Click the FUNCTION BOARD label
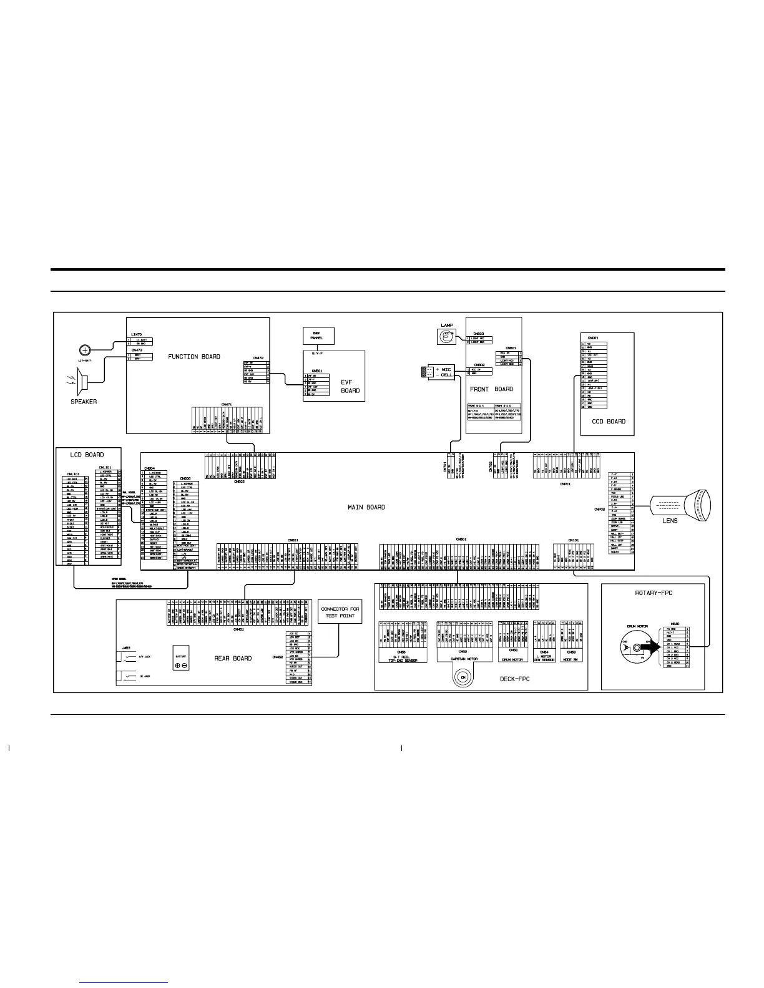(194, 357)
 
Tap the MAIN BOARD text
(366, 507)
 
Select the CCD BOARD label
(608, 422)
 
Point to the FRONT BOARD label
(491, 389)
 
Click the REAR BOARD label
(233, 658)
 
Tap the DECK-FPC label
(514, 679)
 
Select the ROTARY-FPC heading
(652, 593)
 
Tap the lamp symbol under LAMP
(446, 337)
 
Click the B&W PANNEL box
(317, 336)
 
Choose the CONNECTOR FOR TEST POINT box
(339, 612)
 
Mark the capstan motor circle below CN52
(463, 677)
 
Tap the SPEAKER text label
(84, 402)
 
